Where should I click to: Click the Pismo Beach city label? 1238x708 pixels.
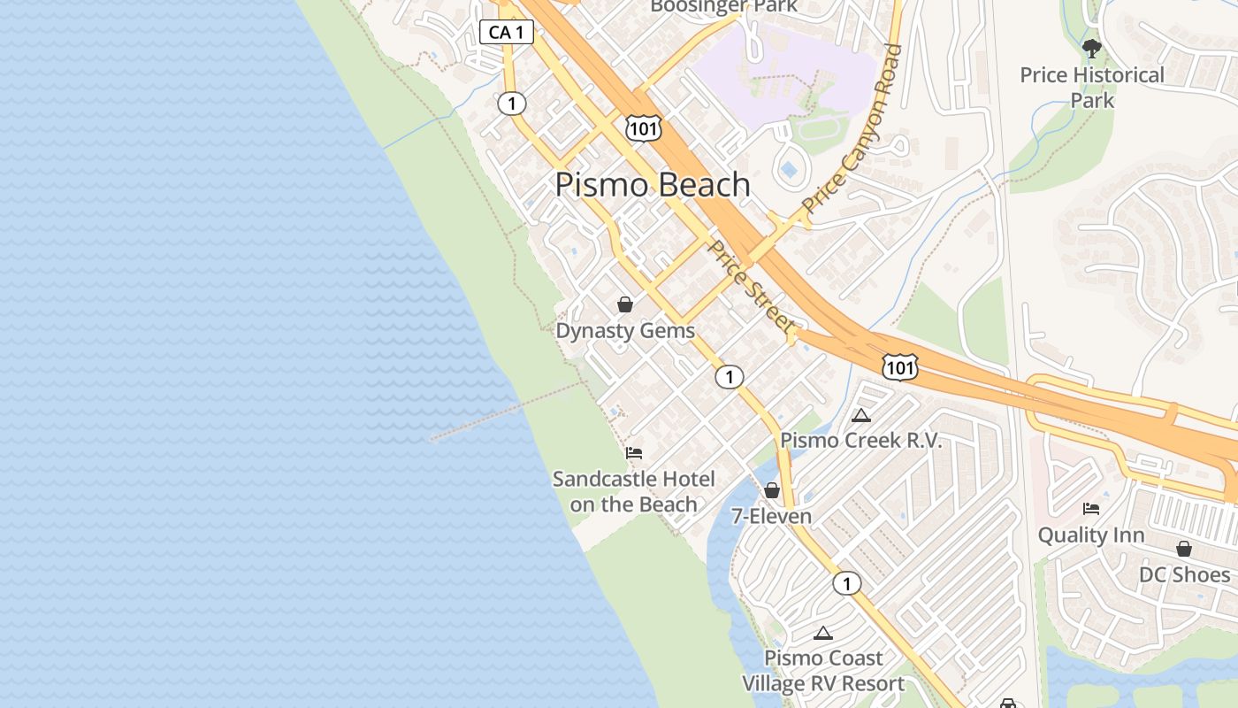click(653, 185)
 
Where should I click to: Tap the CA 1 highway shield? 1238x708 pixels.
click(507, 33)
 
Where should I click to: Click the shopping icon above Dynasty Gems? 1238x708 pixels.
click(625, 304)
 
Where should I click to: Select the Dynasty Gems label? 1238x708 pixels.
click(625, 331)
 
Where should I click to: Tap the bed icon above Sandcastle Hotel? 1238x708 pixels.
click(634, 453)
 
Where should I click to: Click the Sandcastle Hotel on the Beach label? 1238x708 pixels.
click(634, 492)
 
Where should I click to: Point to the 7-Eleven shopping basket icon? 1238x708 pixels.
click(772, 489)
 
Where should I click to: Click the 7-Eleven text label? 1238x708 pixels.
click(771, 516)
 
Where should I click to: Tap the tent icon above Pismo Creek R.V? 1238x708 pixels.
click(861, 415)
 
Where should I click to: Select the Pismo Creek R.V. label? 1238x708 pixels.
click(861, 441)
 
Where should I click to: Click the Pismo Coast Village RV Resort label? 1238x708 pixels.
click(823, 671)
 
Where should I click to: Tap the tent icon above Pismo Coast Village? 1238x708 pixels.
click(823, 633)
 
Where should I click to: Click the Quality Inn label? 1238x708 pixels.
click(1091, 535)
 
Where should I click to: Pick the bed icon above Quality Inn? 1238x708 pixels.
click(1091, 509)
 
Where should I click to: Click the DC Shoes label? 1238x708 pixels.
click(1184, 575)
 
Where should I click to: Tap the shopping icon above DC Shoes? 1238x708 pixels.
click(1184, 549)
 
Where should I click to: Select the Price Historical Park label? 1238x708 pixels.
click(1092, 88)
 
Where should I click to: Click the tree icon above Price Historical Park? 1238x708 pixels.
click(1092, 48)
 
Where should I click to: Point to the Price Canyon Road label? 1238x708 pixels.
click(852, 127)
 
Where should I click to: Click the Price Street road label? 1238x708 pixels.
click(751, 287)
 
